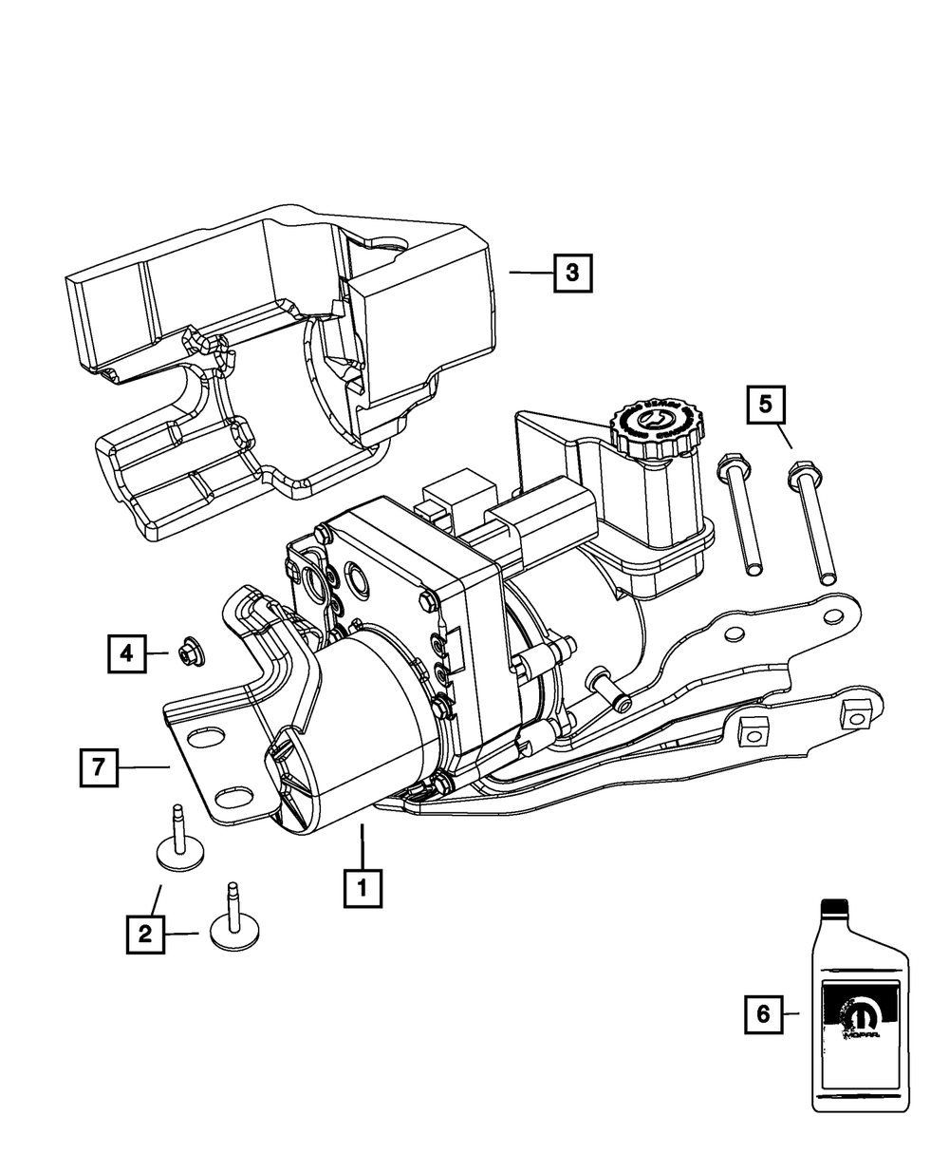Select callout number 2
(x=145, y=934)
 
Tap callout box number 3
(x=572, y=274)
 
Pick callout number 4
(x=126, y=652)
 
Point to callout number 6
(x=763, y=1014)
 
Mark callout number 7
(x=99, y=766)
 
